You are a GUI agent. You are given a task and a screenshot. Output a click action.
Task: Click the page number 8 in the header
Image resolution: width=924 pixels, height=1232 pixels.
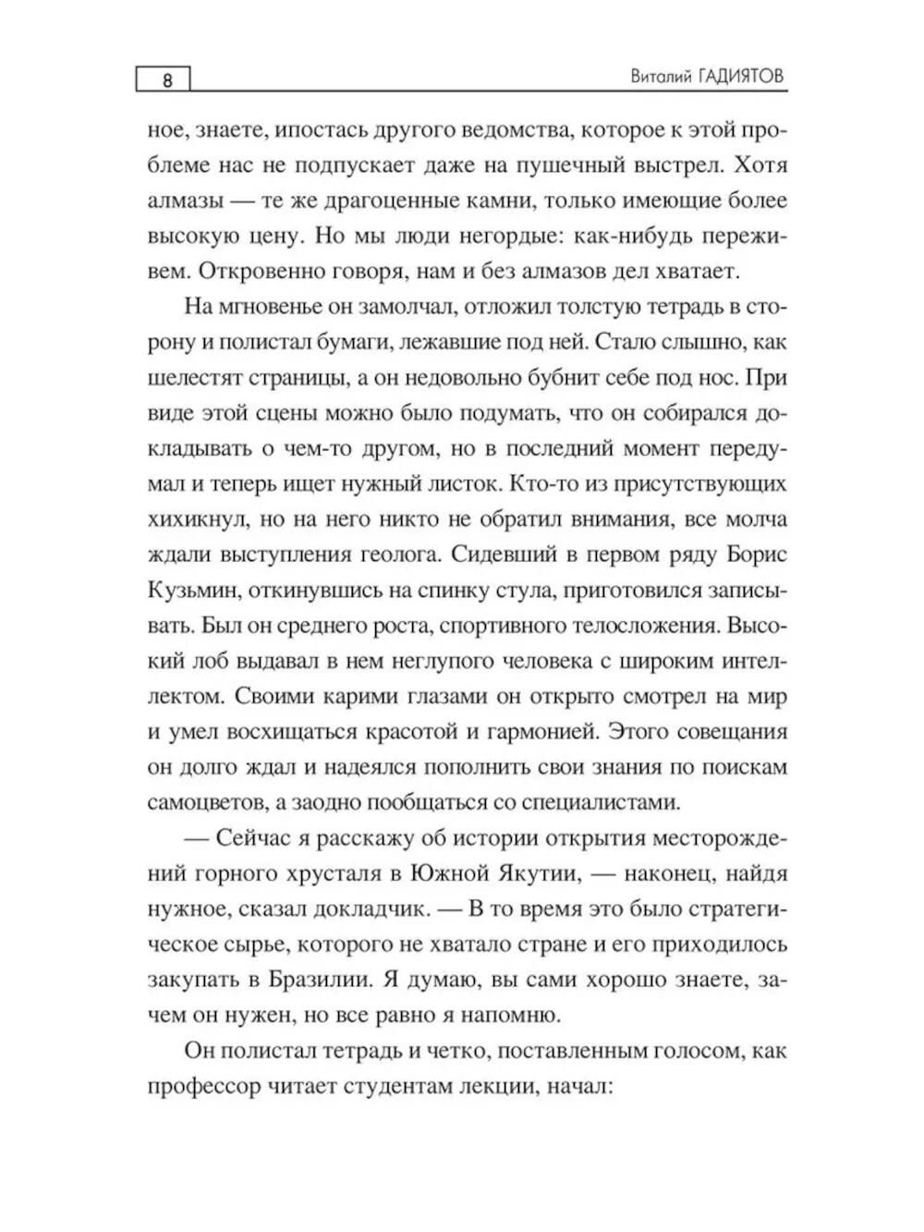tap(167, 79)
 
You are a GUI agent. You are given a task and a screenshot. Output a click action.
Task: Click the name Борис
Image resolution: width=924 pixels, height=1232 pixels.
tap(754, 554)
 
